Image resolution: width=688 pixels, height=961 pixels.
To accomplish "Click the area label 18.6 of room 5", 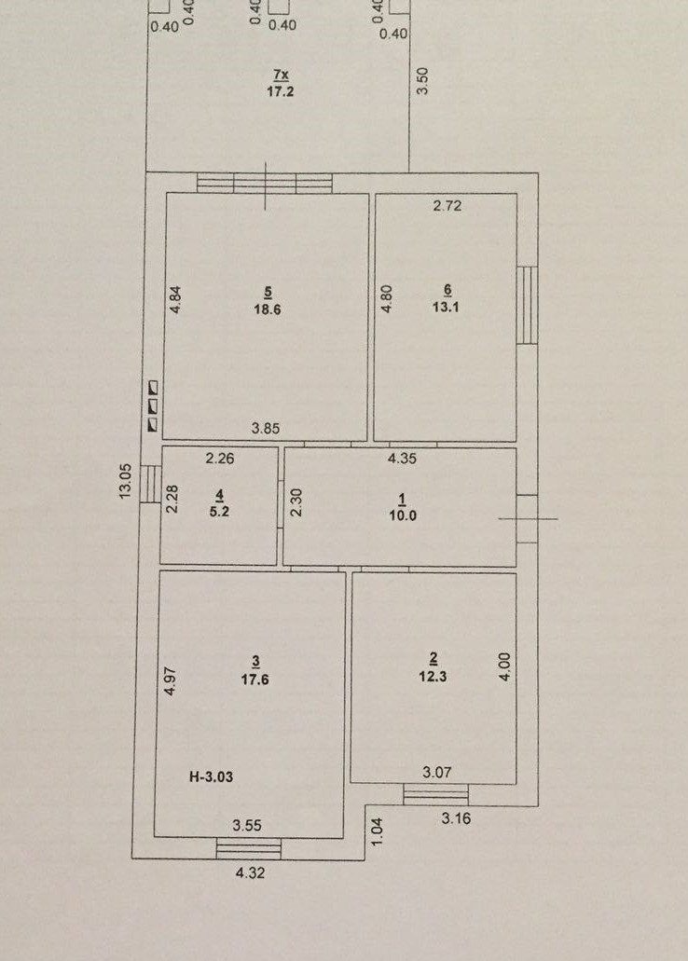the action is pos(268,309).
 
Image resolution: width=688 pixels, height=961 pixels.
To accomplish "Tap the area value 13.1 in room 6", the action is pos(446,307).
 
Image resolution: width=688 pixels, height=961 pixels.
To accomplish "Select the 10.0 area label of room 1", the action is pos(403,515).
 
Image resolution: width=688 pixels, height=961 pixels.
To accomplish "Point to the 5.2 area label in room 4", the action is pos(219,511).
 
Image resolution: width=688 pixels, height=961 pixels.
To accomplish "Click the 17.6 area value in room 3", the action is pos(255,680).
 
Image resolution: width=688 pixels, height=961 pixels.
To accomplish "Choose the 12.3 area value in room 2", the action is pos(433,677).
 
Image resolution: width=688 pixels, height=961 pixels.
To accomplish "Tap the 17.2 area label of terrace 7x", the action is pos(281,91).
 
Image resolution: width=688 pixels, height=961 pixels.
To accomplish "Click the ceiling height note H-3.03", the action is pos(211,777).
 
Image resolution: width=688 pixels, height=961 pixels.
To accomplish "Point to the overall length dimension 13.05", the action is pos(125,481).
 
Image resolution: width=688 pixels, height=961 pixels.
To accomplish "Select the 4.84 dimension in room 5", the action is pos(175,300).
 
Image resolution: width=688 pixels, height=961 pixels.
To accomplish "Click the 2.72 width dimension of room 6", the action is pos(447,206).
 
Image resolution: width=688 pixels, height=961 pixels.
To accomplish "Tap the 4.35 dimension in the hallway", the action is pos(402,458).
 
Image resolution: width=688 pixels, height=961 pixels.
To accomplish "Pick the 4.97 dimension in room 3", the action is pos(172,680).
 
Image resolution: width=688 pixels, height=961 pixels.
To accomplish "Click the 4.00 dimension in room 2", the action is pos(504,666).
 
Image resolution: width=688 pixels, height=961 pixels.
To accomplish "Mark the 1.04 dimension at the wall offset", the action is pos(378,831).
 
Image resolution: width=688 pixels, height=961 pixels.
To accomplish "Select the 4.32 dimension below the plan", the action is pos(250,872).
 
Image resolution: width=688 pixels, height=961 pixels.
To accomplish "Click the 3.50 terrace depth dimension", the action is pos(422,80).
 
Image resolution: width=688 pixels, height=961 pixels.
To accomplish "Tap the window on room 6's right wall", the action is pos(527,305).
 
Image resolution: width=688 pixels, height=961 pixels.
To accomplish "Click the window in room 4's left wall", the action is pos(150,484).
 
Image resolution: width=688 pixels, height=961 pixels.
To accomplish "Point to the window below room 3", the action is pos(249,848).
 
